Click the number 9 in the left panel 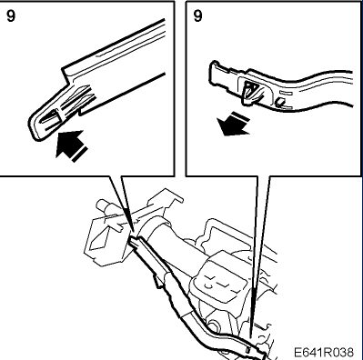(11, 15)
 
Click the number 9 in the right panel (197, 15)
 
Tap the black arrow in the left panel (71, 145)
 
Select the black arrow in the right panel (233, 125)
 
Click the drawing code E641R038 (324, 353)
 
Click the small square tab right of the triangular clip (280, 103)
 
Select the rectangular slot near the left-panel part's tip (51, 117)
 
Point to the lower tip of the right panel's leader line (251, 337)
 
